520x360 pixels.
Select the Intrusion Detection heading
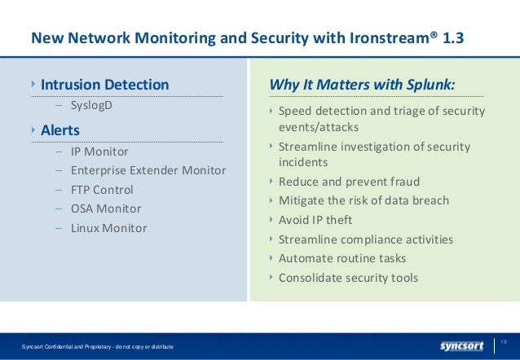105,84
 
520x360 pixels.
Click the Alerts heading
59,130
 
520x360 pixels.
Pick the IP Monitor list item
99,151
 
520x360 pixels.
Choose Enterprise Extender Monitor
148,170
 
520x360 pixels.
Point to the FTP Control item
102,190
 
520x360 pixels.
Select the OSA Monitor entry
106,209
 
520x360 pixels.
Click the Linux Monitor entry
108,228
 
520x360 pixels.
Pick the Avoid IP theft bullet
315,220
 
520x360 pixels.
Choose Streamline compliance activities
366,239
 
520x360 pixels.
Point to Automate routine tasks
342,258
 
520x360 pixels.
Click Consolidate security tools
348,278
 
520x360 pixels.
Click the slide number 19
504,340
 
